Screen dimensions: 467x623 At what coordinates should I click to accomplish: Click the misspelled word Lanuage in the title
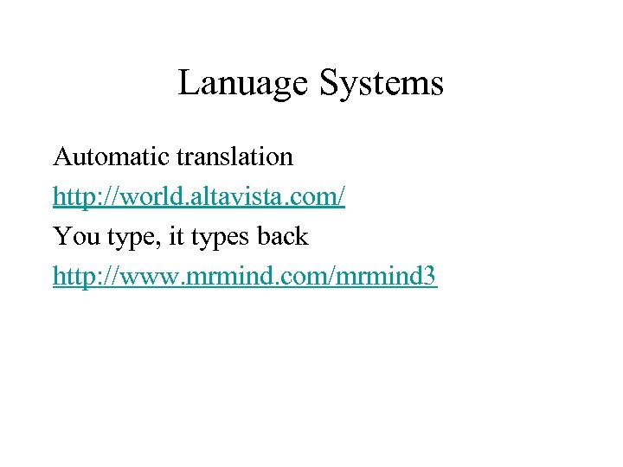click(x=242, y=84)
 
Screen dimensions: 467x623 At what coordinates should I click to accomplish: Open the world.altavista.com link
click(x=199, y=197)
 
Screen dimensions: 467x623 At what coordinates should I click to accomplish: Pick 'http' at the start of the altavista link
click(x=71, y=197)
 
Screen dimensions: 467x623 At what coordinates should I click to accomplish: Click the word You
click(x=70, y=235)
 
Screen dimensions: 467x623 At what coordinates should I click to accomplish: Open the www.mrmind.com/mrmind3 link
click(x=245, y=277)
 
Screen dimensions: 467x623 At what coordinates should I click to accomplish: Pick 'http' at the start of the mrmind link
click(x=71, y=277)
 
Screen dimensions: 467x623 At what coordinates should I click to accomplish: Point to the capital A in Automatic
click(x=63, y=157)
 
